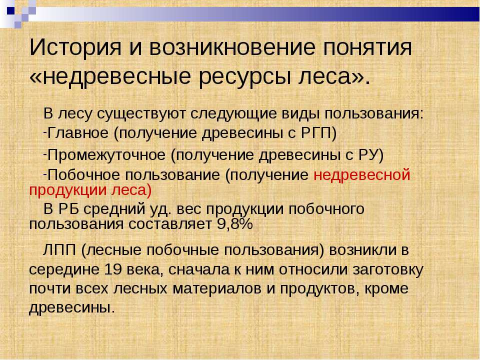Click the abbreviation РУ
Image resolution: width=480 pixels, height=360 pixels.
[x=367, y=155]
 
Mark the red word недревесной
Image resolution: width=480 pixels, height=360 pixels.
[x=362, y=175]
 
